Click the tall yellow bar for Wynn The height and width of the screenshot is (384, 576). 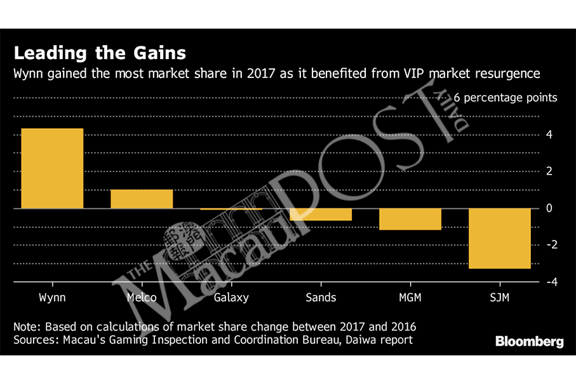click(x=52, y=168)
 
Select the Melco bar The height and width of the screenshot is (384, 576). click(x=142, y=199)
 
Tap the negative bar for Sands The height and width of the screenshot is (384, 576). click(x=321, y=215)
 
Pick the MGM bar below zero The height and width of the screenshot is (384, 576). click(x=410, y=219)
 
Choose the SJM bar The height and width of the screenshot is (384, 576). click(x=499, y=238)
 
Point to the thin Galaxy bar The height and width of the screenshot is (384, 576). click(x=231, y=209)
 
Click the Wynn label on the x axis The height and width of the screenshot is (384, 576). click(x=52, y=296)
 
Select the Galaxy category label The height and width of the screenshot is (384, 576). click(x=231, y=296)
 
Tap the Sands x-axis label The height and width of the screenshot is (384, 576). click(x=321, y=296)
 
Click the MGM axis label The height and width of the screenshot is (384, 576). click(x=410, y=296)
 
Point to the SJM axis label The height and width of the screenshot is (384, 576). click(x=499, y=296)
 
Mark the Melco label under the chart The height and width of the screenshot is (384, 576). click(x=142, y=296)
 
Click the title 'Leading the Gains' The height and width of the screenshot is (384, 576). click(x=100, y=51)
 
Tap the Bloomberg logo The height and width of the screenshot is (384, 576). click(x=529, y=341)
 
